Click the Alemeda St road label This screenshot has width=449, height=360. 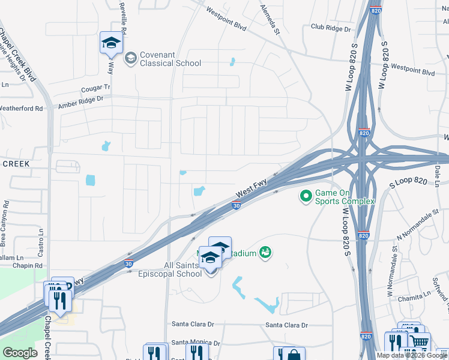270,19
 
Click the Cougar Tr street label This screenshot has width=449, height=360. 96,88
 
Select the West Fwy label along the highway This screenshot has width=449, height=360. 252,191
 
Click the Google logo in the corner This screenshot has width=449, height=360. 20,353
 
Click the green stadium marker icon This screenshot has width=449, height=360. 265,253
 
